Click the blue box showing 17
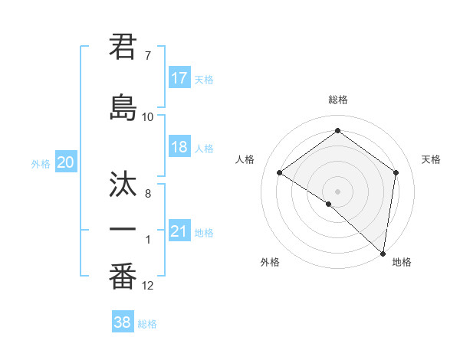pos(179,78)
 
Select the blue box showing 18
pos(179,147)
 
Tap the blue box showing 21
pos(179,231)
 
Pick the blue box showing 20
pos(66,162)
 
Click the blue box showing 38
pos(122,322)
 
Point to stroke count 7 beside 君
pos(148,56)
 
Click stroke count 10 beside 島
pos(148,117)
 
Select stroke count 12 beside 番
pos(148,286)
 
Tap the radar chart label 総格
pos(338,100)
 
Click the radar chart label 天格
pos(431,159)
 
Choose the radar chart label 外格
pos(270,262)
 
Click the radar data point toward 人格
pos(280,173)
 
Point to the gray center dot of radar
pos(337,191)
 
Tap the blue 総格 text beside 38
pos(147,324)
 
